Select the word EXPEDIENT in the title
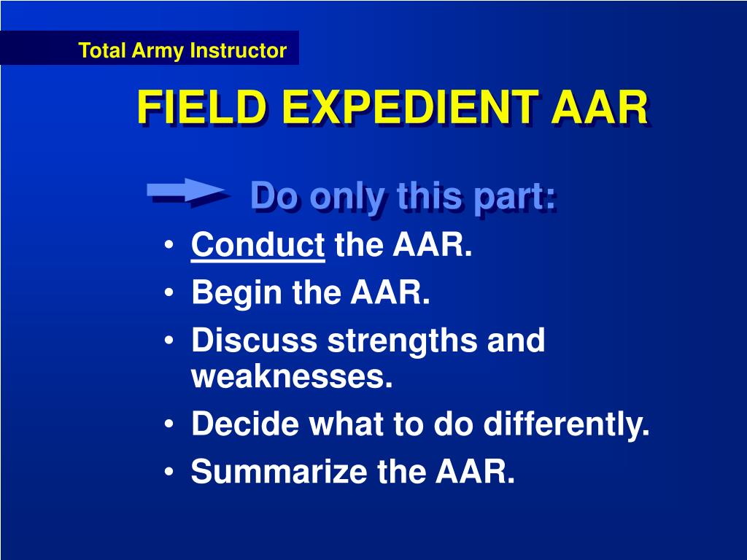pos(410,108)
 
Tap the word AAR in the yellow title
pos(600,108)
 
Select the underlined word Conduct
pos(258,245)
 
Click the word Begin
pos(236,293)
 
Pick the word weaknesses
pos(292,377)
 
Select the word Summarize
pos(279,472)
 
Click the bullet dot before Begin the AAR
pos(169,293)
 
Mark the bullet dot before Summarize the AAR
pos(169,472)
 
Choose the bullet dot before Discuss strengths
pos(169,341)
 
